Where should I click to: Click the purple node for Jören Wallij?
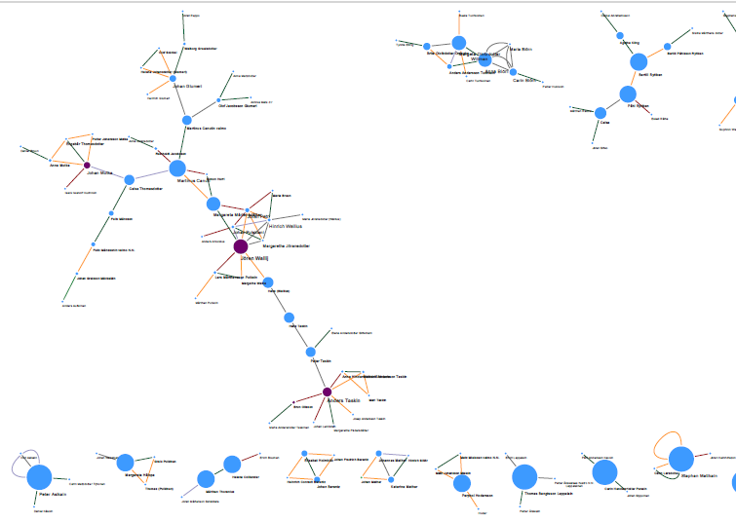(241, 247)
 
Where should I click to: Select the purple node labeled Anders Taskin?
(328, 392)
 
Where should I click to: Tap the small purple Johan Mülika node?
(87, 166)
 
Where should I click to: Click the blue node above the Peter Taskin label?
(311, 352)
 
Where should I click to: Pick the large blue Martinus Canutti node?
(176, 168)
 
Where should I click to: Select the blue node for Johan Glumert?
(174, 78)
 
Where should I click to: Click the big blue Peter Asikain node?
(39, 477)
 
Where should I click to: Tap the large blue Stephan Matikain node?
(681, 459)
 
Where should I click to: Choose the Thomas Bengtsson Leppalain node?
(524, 476)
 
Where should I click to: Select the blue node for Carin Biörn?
(513, 73)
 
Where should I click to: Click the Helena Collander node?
(232, 464)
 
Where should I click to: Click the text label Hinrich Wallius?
(286, 226)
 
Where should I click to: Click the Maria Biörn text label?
(521, 49)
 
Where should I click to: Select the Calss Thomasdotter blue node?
(130, 178)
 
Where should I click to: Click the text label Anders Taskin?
(344, 401)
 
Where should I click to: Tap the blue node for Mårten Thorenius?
(206, 478)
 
